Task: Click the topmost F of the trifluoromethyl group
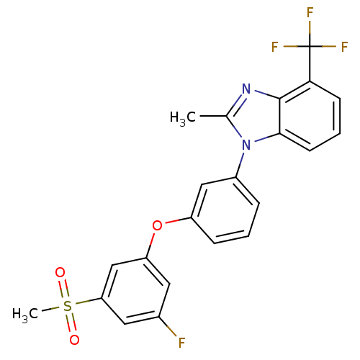coord(310,12)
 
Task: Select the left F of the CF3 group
coord(274,47)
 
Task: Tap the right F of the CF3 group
coord(345,47)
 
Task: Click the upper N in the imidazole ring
coord(246,89)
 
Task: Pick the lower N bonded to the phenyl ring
coord(246,145)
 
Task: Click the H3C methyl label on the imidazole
coord(183,118)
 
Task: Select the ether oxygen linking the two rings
coord(157,225)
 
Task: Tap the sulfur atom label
coord(67,306)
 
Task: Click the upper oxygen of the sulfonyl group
coord(60,272)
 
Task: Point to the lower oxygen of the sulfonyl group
coord(74,340)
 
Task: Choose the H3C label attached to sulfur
coord(25,314)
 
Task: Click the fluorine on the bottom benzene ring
coord(181,343)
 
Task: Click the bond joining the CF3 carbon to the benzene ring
coord(310,64)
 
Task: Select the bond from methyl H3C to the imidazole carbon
coord(213,116)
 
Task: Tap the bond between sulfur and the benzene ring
coord(89,301)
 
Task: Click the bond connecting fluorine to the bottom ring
coord(168,326)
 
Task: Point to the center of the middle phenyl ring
coord(225,210)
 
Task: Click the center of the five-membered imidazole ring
coord(258,117)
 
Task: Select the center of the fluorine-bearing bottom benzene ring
coord(135,291)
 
